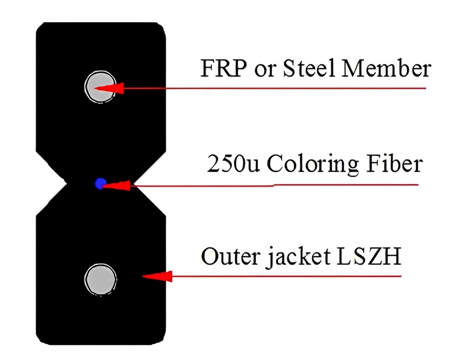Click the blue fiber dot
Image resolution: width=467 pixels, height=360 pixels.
tap(100, 183)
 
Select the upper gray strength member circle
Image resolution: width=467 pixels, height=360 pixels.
tap(100, 87)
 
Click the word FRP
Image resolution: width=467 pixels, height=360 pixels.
tap(224, 68)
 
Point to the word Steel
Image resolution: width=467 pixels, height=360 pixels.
tap(309, 68)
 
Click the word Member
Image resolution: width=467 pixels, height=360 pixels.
tap(386, 68)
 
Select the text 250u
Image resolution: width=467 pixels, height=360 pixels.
tap(233, 163)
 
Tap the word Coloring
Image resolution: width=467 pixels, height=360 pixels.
tap(313, 165)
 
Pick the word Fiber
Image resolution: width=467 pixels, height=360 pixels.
tap(395, 163)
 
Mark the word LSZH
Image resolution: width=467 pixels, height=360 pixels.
tap(369, 256)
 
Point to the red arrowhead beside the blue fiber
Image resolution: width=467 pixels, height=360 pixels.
tap(116, 186)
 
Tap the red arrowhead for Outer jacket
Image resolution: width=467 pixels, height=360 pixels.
tap(157, 277)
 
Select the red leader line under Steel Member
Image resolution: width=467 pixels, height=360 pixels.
tap(274, 89)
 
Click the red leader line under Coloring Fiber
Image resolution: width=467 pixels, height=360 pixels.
tap(274, 186)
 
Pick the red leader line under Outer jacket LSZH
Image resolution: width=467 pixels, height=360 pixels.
tap(287, 277)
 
